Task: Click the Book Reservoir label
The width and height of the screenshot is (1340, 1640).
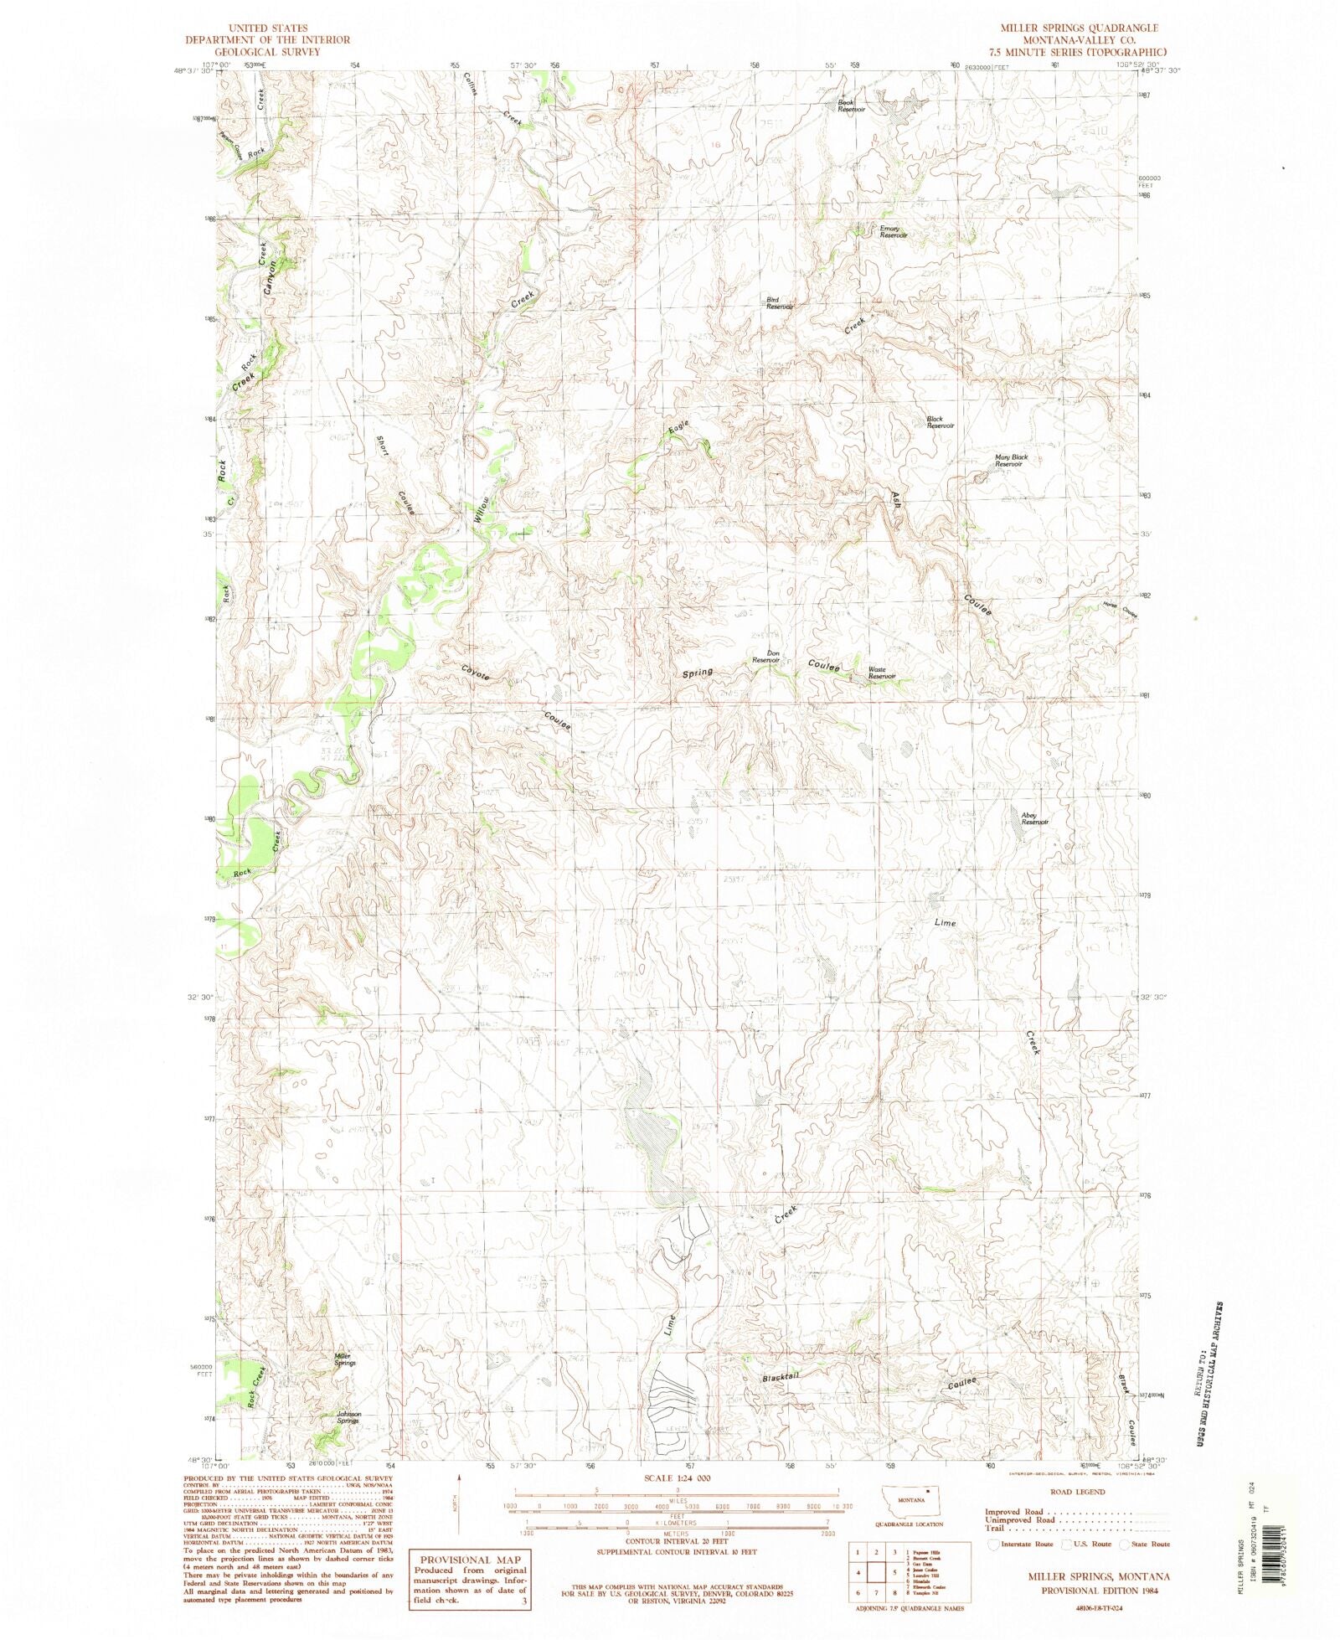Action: click(x=851, y=106)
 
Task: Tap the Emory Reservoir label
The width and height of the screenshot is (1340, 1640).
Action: click(x=892, y=232)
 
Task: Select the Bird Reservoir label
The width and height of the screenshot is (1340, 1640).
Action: click(x=779, y=303)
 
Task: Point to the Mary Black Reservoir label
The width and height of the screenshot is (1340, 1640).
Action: click(x=1010, y=461)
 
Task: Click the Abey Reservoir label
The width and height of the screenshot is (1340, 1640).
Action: click(x=1034, y=818)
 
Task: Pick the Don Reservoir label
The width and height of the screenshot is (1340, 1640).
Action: click(x=765, y=658)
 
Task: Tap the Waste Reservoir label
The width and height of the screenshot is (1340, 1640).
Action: click(x=881, y=673)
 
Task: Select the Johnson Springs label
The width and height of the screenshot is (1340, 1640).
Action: click(x=348, y=1417)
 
